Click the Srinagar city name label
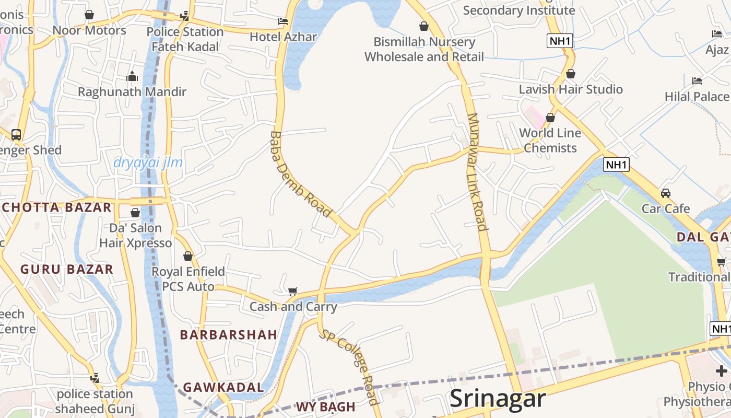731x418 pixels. click(x=497, y=399)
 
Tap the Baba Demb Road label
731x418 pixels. click(x=300, y=174)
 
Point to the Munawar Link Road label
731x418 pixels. click(x=477, y=172)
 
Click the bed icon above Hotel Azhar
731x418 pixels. click(x=283, y=21)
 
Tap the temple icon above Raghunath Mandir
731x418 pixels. click(x=132, y=77)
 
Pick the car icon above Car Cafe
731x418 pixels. click(x=666, y=193)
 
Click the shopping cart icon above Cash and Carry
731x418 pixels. click(x=293, y=291)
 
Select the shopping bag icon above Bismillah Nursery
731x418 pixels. click(x=424, y=26)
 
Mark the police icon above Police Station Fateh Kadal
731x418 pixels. click(x=184, y=16)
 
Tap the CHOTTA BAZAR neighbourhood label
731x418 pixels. click(x=57, y=207)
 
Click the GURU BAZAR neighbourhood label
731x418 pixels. click(x=67, y=269)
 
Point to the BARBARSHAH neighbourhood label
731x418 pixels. click(x=228, y=335)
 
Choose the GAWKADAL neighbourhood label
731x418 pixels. click(x=223, y=387)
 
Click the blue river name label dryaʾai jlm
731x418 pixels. click(x=148, y=162)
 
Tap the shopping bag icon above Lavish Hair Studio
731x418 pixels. click(x=571, y=74)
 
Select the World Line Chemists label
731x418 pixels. click(x=550, y=141)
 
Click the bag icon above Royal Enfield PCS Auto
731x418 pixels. click(x=188, y=257)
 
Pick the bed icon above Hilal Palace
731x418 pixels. click(x=697, y=81)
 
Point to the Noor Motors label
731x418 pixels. click(x=89, y=30)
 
